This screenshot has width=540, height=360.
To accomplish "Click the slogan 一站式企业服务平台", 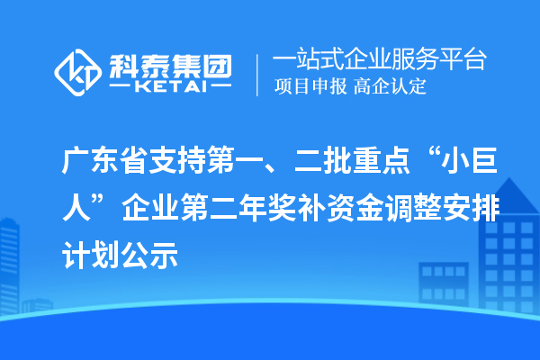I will point(379,60).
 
